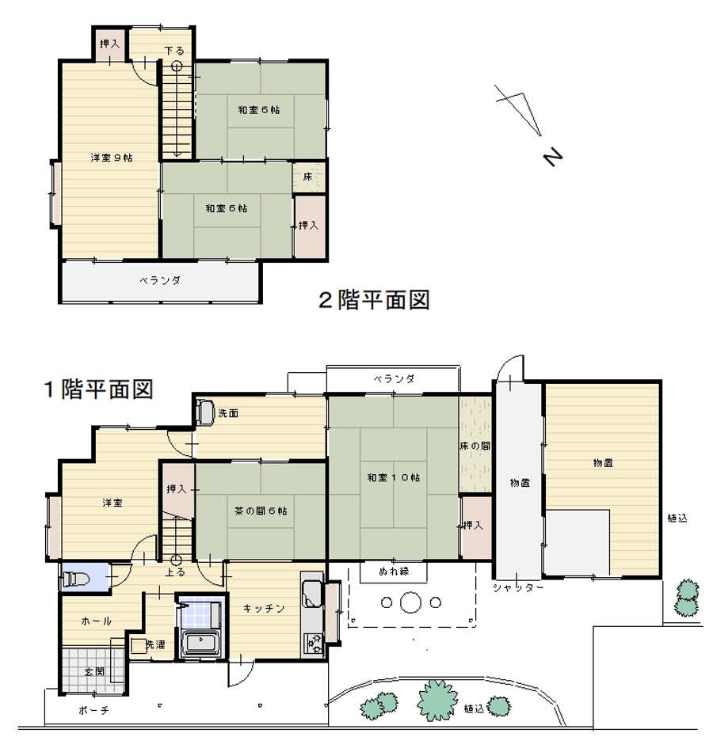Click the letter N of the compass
pos(553,156)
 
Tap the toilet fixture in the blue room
pos(74,578)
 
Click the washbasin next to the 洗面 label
pos(205,412)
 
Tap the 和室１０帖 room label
pos(393,477)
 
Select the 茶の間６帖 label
pos(261,511)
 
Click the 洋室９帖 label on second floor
pos(112,158)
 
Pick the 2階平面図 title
pos(374,300)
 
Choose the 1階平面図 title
pos(99,389)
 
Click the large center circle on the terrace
pos(410,602)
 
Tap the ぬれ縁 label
pos(394,572)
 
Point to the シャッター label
pos(518,587)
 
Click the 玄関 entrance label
pos(94,671)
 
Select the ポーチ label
pos(93,710)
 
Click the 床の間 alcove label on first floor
pos(475,446)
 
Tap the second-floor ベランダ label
pos(160,280)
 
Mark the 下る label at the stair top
pos(174,51)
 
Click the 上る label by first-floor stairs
pos(175,572)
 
